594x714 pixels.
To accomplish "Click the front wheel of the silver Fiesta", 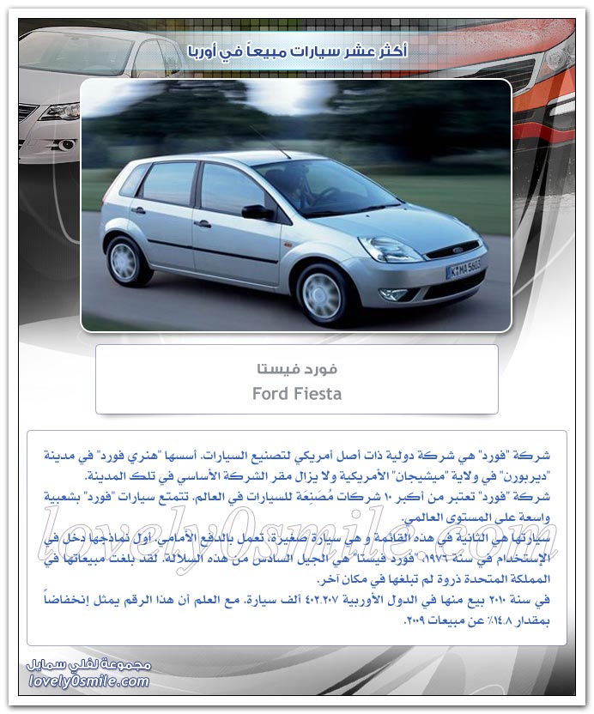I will [x=323, y=294].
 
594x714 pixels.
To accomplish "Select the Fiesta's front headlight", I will [x=389, y=250].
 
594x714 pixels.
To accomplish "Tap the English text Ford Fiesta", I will [x=297, y=394].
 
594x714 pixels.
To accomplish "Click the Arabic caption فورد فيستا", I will [x=297, y=369].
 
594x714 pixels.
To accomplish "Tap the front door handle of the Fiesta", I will [x=203, y=224].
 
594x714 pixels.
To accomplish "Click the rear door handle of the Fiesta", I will [x=137, y=210].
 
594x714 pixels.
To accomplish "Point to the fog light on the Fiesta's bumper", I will [x=395, y=294].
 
